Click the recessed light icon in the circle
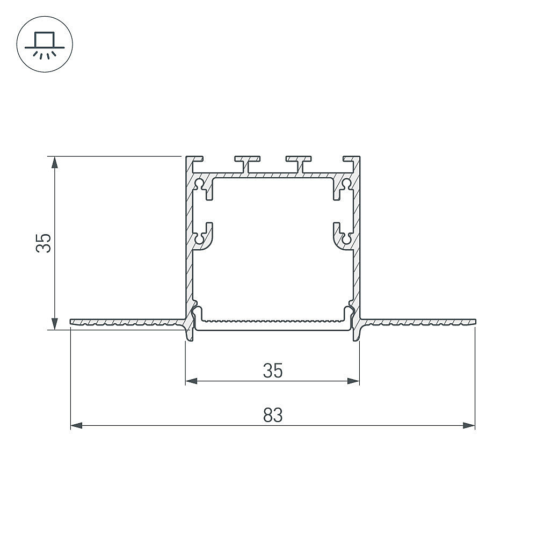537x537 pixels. tap(45, 45)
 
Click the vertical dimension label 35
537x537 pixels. tap(44, 243)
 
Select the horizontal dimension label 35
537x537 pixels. tap(273, 370)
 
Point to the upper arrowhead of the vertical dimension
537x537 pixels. tap(54, 162)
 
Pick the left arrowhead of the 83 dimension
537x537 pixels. tap(76, 426)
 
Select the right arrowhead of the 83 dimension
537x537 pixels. tap(469, 426)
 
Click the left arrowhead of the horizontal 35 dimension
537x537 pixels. tap(192, 381)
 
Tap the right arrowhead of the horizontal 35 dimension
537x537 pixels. tap(353, 381)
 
